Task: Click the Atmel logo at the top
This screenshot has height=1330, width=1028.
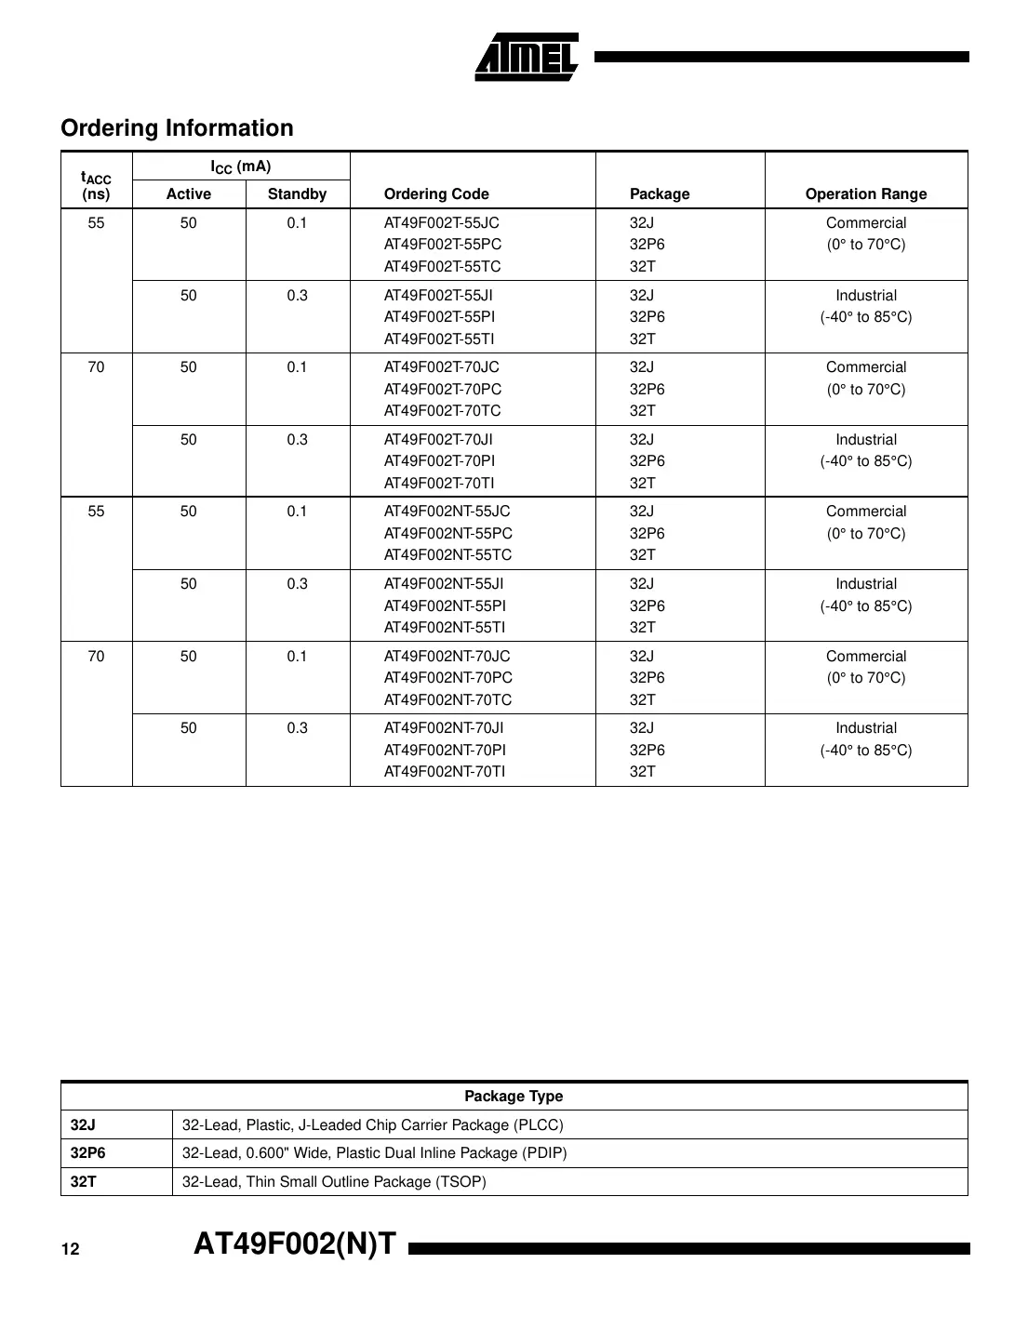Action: click(527, 58)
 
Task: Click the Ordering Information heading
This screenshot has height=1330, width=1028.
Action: click(177, 128)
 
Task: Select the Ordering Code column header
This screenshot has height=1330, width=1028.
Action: click(436, 194)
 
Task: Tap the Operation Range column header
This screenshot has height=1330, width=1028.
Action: click(865, 194)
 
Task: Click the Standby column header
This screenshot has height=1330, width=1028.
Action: click(297, 194)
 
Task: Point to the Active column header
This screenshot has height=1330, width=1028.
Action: click(188, 194)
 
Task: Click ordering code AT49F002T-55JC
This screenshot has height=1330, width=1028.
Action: click(441, 223)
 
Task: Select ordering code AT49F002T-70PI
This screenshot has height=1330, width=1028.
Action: click(439, 461)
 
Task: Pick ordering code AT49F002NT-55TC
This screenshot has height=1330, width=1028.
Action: click(447, 555)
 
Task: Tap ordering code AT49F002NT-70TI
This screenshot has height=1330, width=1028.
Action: click(445, 772)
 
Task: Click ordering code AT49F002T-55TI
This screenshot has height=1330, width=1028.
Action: click(438, 339)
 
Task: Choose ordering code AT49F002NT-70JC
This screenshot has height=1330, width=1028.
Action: click(447, 657)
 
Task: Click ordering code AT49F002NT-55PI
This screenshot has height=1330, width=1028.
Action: click(445, 606)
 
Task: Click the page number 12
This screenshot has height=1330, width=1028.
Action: click(71, 1250)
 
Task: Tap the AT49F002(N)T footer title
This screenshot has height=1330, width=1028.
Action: click(295, 1244)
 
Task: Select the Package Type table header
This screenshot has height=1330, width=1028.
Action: click(514, 1097)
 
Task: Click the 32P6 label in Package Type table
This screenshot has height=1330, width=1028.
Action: click(88, 1153)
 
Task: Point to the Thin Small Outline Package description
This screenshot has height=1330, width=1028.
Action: click(334, 1182)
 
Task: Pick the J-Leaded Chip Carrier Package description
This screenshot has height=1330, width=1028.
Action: click(372, 1125)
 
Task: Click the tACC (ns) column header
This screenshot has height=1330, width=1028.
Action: click(96, 186)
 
